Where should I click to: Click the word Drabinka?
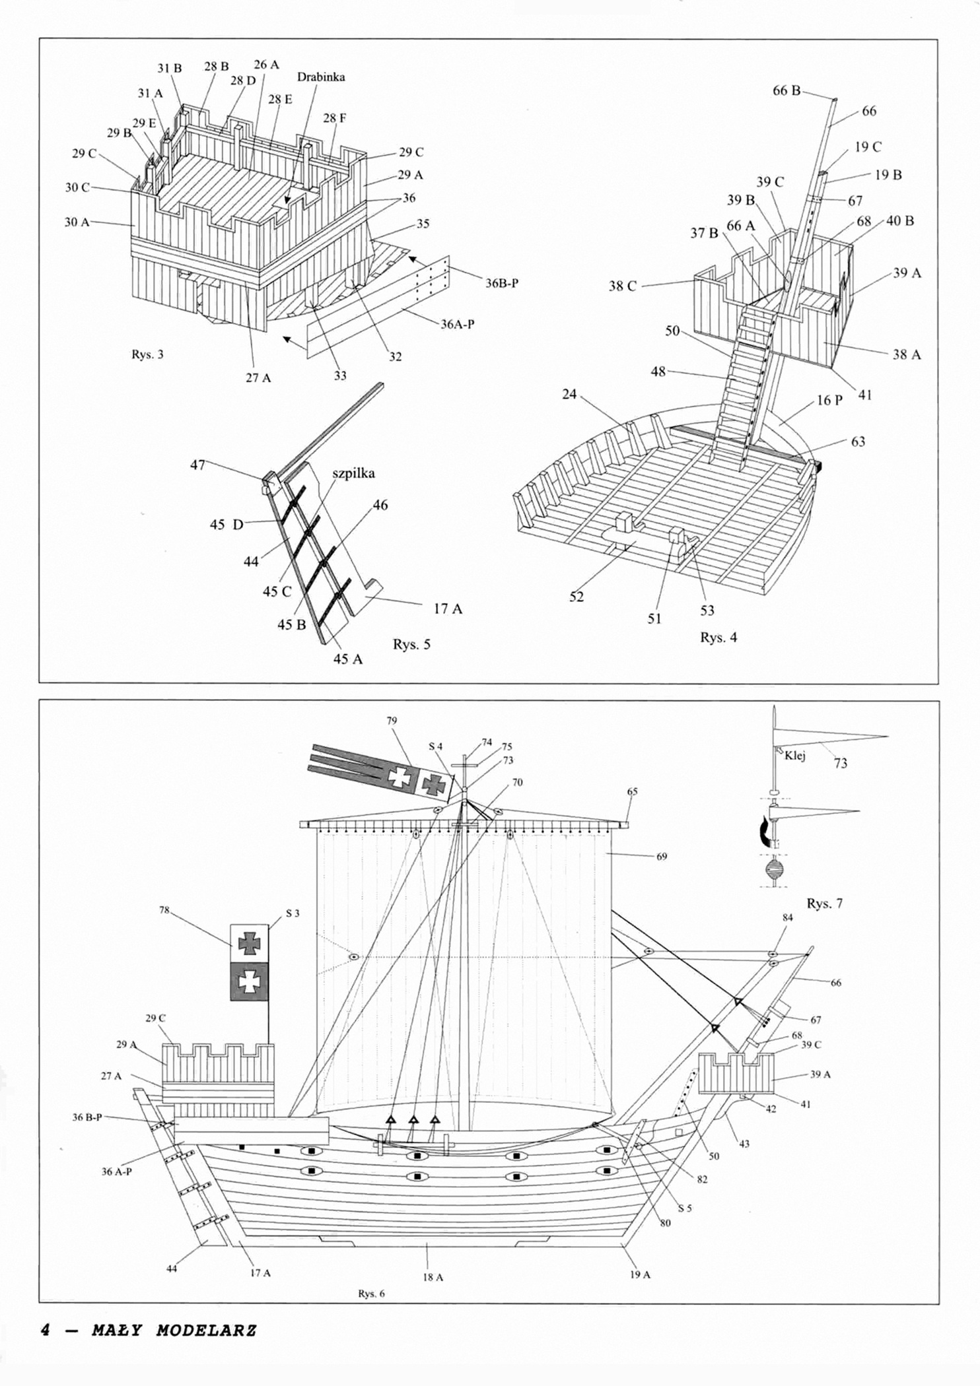[321, 77]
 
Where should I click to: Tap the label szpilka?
[353, 474]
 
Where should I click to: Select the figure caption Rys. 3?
[147, 354]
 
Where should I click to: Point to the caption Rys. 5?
[411, 644]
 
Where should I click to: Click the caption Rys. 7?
[825, 904]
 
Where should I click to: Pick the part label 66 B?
[787, 91]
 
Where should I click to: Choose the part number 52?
[577, 597]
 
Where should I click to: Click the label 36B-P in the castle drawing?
[502, 283]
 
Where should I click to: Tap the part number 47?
[197, 465]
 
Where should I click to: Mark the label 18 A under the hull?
[433, 1277]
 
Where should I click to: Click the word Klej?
[795, 756]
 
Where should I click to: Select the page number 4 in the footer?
[46, 1330]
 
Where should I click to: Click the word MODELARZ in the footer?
[206, 1330]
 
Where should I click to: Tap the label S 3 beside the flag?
[293, 913]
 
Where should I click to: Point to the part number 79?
[392, 721]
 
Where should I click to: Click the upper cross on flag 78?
[249, 943]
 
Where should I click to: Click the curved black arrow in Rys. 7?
[765, 829]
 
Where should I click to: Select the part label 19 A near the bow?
[640, 1274]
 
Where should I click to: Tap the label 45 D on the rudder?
[227, 525]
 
